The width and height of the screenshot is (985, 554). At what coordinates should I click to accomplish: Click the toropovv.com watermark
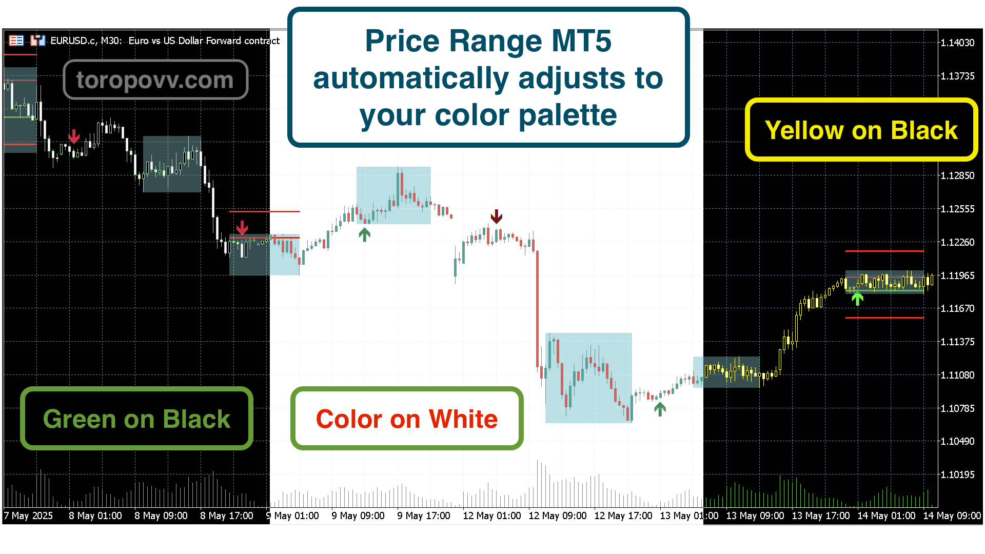155,80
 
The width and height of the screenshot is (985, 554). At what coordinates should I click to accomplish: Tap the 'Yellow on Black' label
861,130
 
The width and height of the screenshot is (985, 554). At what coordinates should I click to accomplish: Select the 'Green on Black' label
136,419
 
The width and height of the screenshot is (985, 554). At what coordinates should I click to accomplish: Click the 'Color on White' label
407,419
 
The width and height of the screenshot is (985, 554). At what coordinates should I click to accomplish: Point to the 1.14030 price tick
957,43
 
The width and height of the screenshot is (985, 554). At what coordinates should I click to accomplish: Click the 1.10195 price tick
957,474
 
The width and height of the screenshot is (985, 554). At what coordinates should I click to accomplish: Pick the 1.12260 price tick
957,242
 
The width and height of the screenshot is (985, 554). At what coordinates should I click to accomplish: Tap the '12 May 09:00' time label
558,516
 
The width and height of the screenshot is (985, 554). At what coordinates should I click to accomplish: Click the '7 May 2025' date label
28,516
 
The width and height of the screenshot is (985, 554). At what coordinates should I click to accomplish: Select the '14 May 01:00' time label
887,516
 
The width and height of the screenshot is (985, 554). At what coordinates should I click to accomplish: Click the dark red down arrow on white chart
496,216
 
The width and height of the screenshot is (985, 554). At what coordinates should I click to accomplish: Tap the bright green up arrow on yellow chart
857,298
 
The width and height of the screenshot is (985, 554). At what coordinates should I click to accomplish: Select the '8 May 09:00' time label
161,516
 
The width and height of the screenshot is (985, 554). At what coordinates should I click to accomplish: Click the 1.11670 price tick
957,308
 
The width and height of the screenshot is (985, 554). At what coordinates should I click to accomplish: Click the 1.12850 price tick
957,175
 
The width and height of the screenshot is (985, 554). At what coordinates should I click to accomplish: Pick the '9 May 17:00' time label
424,516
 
